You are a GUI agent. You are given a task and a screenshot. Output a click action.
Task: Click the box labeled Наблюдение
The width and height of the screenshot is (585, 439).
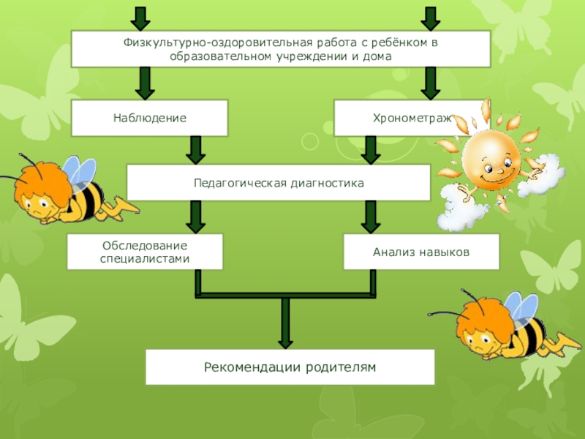point(149,118)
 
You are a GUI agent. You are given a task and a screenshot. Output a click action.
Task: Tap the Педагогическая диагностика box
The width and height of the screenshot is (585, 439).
point(279,182)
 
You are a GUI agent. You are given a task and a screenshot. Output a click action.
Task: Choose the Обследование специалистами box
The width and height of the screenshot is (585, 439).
point(145,252)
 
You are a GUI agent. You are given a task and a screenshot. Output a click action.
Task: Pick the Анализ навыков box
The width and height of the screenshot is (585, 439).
point(421,252)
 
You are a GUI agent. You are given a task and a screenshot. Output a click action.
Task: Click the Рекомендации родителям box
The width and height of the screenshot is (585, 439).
point(290,367)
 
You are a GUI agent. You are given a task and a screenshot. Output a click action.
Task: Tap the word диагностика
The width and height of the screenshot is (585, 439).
point(325,182)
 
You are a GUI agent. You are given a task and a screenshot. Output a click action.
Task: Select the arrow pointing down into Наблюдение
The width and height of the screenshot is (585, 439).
point(145,83)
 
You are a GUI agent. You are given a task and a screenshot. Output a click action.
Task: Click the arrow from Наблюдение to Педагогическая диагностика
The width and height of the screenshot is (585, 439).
point(195,150)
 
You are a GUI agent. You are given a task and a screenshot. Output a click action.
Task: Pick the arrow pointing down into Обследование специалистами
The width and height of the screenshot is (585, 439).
point(195,217)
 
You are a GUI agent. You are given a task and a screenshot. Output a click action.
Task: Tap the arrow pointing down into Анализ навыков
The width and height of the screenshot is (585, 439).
point(371,217)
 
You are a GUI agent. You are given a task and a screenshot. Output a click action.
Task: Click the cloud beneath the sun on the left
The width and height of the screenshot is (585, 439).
point(462,209)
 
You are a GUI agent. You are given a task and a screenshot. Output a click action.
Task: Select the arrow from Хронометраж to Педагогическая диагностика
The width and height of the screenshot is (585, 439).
point(371,150)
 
